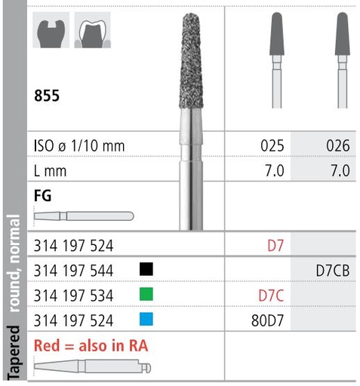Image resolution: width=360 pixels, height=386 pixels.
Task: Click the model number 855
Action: (47, 96)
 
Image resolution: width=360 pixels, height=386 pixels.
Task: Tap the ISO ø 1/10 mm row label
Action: (80, 145)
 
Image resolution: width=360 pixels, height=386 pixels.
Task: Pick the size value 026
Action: (337, 145)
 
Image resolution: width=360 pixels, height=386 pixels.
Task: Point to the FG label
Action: (44, 195)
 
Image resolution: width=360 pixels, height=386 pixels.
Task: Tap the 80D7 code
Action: (268, 320)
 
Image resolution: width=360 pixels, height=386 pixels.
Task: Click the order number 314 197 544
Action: (73, 269)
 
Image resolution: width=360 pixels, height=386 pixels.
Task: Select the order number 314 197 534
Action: (73, 294)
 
